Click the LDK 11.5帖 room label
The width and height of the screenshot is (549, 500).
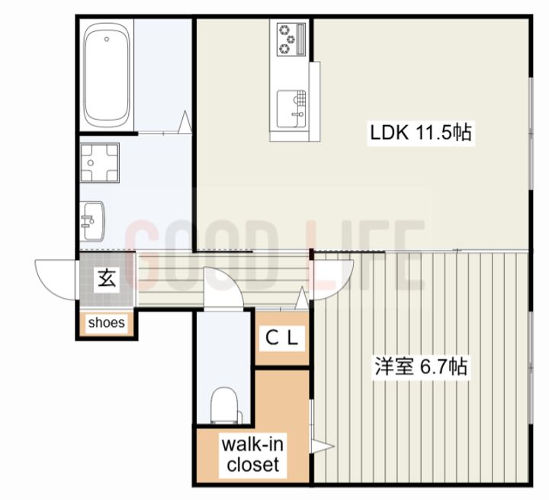coord(420,133)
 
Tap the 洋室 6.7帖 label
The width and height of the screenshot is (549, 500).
coord(421,367)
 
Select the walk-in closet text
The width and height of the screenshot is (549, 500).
coord(253,454)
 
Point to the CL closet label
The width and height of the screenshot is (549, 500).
coord(282,338)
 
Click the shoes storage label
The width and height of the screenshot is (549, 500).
coord(107,322)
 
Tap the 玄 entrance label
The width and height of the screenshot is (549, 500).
coord(108,279)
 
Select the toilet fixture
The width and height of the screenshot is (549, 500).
coord(226,405)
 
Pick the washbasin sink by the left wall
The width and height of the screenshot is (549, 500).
coord(92,221)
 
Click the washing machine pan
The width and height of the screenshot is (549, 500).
coord(100,162)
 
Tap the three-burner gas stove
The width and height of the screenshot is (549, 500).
coord(291,40)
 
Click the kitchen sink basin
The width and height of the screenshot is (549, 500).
coord(291,109)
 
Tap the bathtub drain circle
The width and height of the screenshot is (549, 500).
coord(107,40)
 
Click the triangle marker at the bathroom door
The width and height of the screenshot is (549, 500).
coord(185,122)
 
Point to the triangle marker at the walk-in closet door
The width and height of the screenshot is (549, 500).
coord(323,446)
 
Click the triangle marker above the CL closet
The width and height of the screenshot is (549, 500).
coord(302,298)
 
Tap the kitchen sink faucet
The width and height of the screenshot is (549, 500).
coord(297,114)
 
